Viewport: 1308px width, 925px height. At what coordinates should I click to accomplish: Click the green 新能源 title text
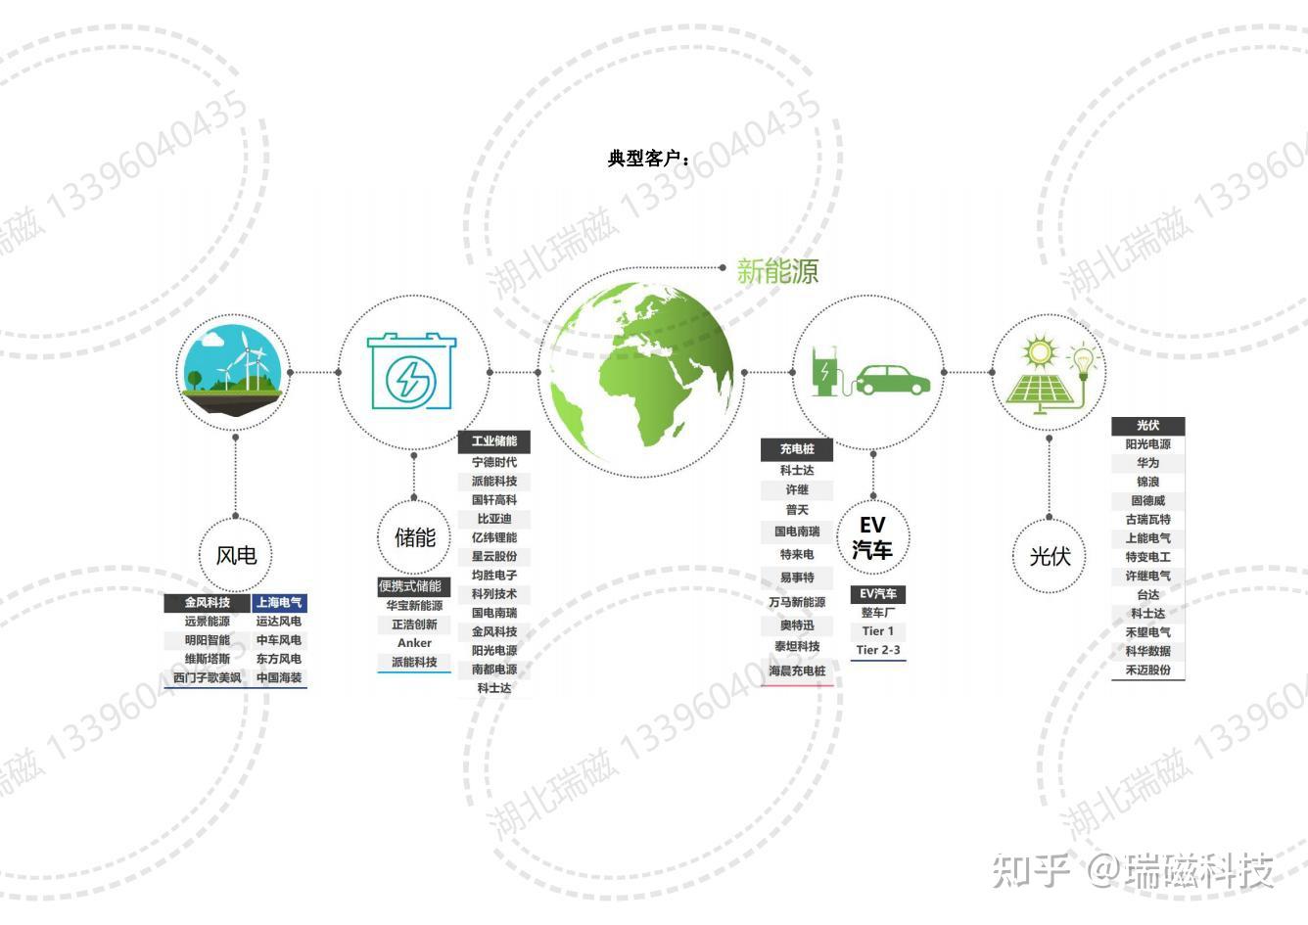[776, 271]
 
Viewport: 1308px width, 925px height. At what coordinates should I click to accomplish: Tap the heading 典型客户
[649, 158]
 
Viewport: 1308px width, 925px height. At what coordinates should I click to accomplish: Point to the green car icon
[893, 379]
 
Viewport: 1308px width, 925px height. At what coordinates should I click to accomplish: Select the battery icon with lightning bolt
[411, 373]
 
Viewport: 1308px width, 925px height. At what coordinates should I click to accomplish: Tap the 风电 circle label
[236, 555]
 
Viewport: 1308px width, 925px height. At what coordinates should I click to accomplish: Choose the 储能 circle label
[414, 536]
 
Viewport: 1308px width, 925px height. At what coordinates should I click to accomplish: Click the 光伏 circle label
[1050, 556]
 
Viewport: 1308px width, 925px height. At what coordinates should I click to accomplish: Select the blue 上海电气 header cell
[279, 603]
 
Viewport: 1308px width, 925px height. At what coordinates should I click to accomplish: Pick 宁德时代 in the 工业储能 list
[494, 462]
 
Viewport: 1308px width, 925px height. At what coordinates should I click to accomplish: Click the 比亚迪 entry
[494, 519]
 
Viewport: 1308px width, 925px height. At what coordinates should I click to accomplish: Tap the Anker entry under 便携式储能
[414, 643]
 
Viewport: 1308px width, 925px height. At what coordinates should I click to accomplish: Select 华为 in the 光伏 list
[1147, 463]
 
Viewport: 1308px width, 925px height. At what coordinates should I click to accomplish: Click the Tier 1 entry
[877, 631]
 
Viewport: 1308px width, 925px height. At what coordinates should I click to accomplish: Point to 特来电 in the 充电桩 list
[797, 555]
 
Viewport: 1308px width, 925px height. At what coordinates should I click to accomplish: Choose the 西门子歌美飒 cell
[207, 677]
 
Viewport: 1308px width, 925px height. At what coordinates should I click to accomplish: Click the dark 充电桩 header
[797, 449]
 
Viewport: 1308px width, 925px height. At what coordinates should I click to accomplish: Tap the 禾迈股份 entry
[1147, 671]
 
